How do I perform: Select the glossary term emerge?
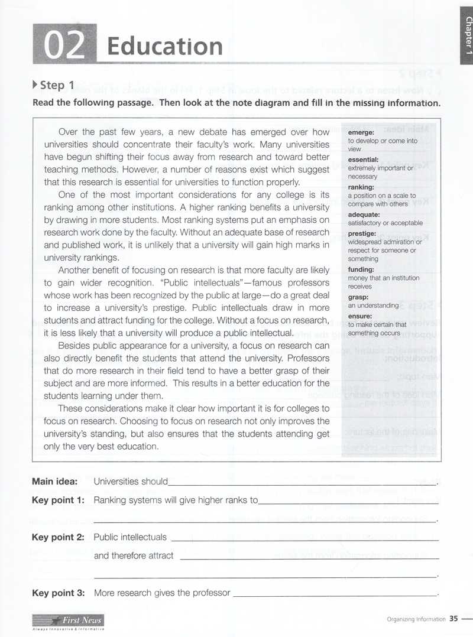tap(361, 133)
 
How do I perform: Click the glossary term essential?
tap(363, 160)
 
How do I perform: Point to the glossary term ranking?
tap(361, 187)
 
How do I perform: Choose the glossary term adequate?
tap(364, 214)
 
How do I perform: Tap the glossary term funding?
tap(362, 269)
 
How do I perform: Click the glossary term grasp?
tap(358, 297)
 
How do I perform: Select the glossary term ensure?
tap(360, 316)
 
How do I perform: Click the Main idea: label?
tap(58, 482)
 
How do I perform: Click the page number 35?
tap(453, 619)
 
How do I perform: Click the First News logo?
tap(68, 620)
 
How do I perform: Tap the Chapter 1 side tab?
tap(467, 35)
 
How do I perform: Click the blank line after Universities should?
tap(302, 483)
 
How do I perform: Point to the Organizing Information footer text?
tap(416, 619)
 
